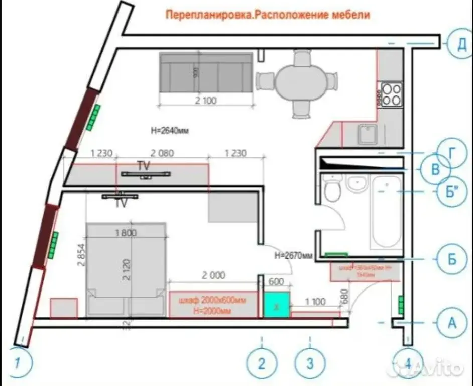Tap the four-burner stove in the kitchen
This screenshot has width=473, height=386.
coord(392,94)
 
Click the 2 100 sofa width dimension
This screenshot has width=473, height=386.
coord(205,101)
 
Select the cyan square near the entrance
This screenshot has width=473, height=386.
coord(276,305)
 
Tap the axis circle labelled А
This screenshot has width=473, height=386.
coord(452,322)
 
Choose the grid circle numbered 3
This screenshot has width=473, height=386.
coord(310,363)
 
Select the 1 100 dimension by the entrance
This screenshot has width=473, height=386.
coord(315,302)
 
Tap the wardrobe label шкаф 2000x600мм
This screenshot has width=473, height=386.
coord(212,301)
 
